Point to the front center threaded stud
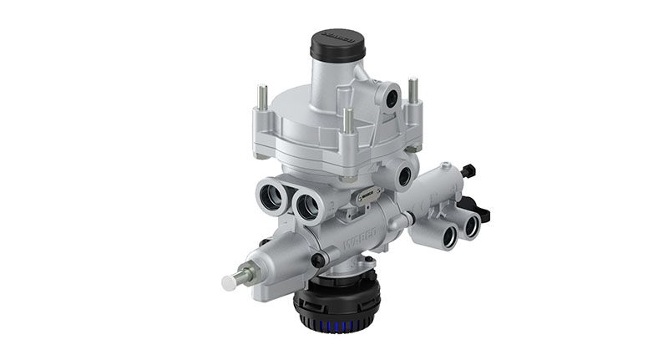coord(347,121)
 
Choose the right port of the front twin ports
coord(307,204)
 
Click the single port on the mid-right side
coord(407,176)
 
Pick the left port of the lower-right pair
coord(449,236)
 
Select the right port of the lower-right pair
coord(473,225)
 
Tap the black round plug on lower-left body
coord(318,261)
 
